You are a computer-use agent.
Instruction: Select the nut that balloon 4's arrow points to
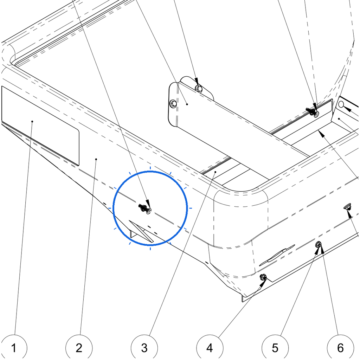[x=263, y=277]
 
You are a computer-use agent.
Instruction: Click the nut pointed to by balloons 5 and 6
[x=319, y=245]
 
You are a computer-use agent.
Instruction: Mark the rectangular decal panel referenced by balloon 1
[x=40, y=126]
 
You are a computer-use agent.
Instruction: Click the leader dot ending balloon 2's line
[x=96, y=159]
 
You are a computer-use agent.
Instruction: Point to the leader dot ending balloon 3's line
[x=216, y=172]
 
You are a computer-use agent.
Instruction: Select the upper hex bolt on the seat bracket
[x=199, y=88]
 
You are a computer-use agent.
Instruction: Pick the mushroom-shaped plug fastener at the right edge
[x=348, y=206]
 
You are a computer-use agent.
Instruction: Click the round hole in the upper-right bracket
[x=341, y=104]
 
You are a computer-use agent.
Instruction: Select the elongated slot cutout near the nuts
[x=277, y=255]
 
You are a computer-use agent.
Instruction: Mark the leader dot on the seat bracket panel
[x=187, y=104]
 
